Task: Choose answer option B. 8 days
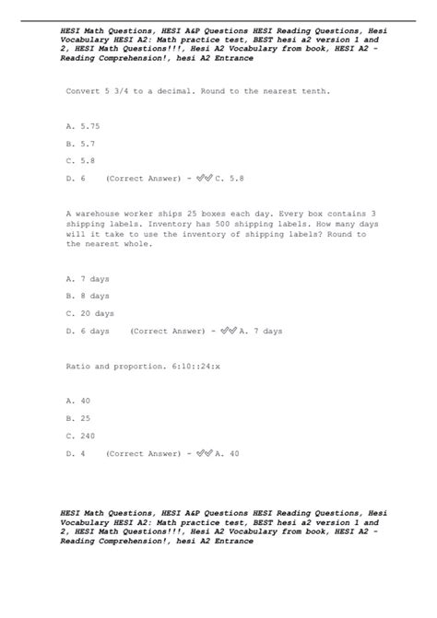pyautogui.click(x=88, y=296)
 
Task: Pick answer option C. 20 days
pyautogui.click(x=90, y=313)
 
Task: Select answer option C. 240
pyautogui.click(x=81, y=436)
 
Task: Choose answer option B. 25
pyautogui.click(x=78, y=418)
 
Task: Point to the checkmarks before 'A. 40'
pyautogui.click(x=205, y=453)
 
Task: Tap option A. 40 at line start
pyautogui.click(x=78, y=401)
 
